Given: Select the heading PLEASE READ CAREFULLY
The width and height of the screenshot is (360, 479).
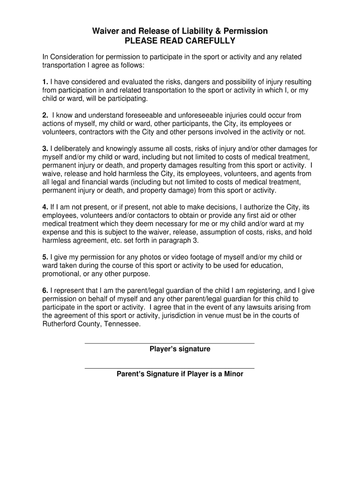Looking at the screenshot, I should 180,41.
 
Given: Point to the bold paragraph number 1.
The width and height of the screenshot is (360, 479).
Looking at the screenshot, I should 45,82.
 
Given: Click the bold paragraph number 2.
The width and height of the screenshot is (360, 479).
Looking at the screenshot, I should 45,115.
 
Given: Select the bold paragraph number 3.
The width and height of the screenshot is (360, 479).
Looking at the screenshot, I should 45,149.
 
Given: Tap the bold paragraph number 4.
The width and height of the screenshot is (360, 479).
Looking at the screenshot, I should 45,207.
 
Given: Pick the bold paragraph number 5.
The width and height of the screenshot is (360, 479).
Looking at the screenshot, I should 45,257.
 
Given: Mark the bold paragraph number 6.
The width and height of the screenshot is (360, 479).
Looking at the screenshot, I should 45,290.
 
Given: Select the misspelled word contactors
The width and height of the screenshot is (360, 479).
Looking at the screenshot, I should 137,215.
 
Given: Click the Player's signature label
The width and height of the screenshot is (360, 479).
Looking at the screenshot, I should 180,349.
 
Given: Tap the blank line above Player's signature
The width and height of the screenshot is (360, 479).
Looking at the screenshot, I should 169,343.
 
